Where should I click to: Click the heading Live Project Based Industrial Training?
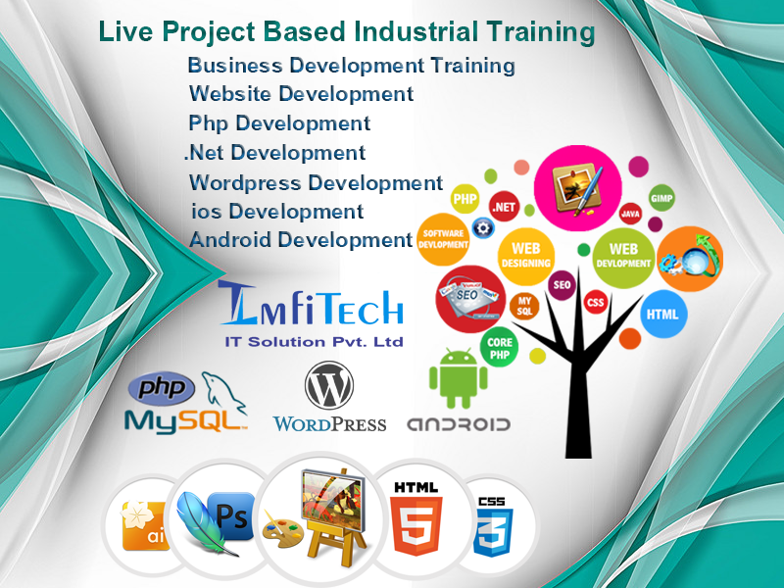pos(347,32)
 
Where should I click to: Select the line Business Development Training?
pos(351,66)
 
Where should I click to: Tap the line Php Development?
pos(279,123)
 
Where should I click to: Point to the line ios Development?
pos(277,211)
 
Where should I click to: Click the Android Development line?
pos(301,240)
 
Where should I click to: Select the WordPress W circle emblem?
pos(329,386)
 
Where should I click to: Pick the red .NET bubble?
pos(505,207)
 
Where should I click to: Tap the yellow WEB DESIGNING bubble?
pos(525,257)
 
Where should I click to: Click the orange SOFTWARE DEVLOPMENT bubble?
pos(443,239)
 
